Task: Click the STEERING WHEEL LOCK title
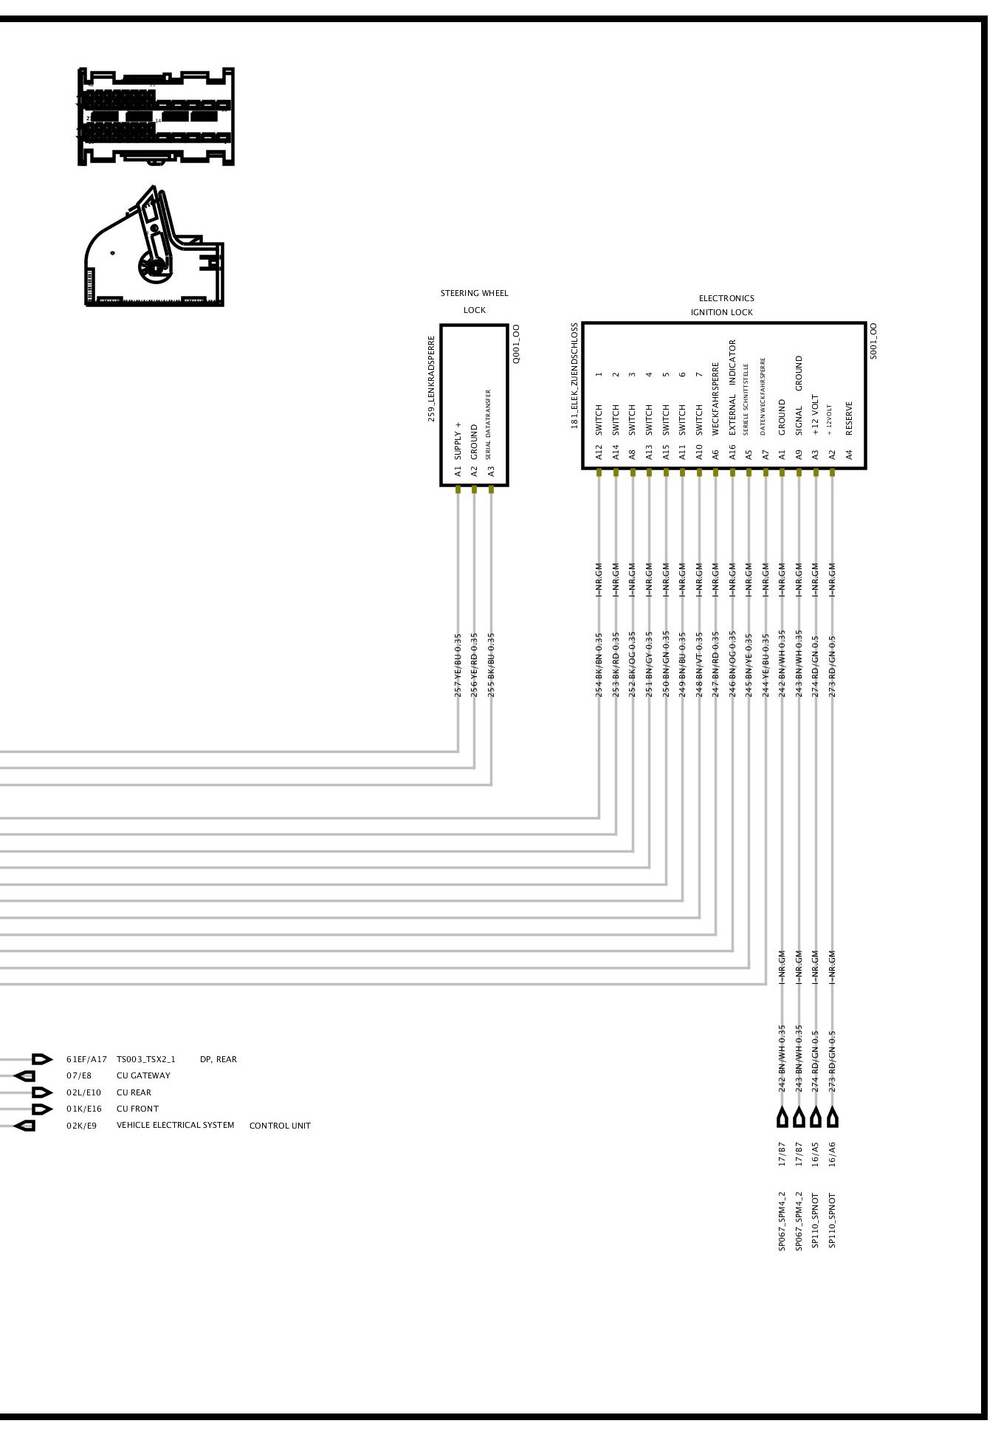pos(474,301)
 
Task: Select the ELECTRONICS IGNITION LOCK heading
pos(724,305)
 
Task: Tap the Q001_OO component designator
pos(516,344)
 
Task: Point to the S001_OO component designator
pos(873,341)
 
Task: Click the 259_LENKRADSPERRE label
pos(432,379)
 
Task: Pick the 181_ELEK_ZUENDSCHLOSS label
pos(574,376)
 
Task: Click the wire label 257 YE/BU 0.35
pos(458,664)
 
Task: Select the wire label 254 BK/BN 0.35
pos(599,664)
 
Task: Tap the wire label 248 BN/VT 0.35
pos(698,664)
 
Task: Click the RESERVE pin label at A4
pos(849,419)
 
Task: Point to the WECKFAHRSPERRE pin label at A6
pos(715,399)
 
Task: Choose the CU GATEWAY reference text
pos(143,1075)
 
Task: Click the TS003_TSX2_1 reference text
pos(145,1059)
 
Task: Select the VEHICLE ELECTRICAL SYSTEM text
pos(175,1125)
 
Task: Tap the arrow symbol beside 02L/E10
pos(42,1092)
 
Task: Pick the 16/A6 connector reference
pos(833,1154)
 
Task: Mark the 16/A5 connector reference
pos(816,1154)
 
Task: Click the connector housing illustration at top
pos(156,117)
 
